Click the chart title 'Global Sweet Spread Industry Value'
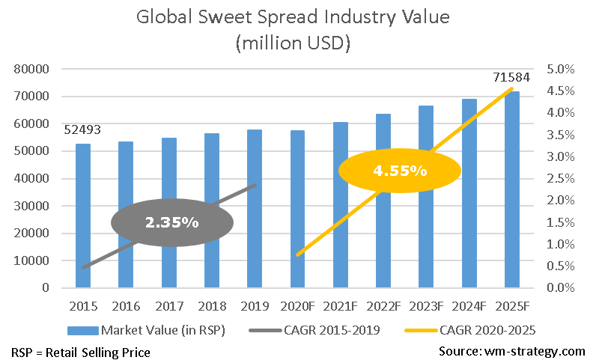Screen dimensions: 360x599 pos(299,17)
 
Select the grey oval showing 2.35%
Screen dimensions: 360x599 pos(171,222)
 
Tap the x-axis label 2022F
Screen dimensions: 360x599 pos(383,306)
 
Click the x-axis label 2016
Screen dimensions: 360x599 pos(126,306)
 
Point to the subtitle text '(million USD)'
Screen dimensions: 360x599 pos(299,44)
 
